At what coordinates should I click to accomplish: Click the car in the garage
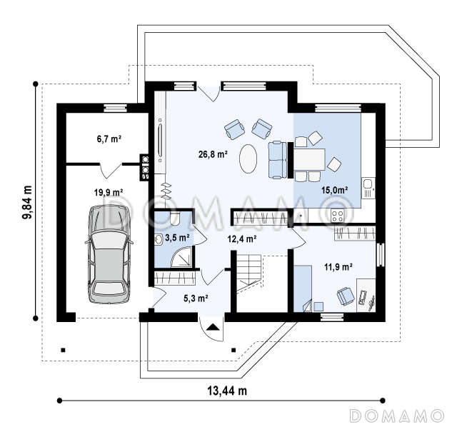point(109,254)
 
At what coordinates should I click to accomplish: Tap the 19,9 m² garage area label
point(109,192)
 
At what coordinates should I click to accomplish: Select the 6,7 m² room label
point(109,139)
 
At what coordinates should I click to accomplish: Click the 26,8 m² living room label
point(213,154)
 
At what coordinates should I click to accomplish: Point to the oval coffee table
point(248,159)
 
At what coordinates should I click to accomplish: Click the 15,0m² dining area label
point(335,190)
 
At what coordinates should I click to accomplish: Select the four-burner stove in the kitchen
point(338,216)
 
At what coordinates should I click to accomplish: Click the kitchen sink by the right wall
point(368,188)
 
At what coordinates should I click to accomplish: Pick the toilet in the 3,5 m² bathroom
point(175,219)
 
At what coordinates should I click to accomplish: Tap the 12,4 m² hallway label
point(242,239)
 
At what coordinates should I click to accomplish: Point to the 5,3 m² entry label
point(196,298)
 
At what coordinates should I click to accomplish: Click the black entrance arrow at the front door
point(213,327)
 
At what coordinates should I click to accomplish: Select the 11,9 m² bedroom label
point(338,266)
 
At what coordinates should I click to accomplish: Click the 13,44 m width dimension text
point(227,391)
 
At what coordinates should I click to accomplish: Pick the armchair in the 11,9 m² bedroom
point(346,296)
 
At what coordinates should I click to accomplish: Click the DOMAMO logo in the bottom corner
point(397,416)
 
